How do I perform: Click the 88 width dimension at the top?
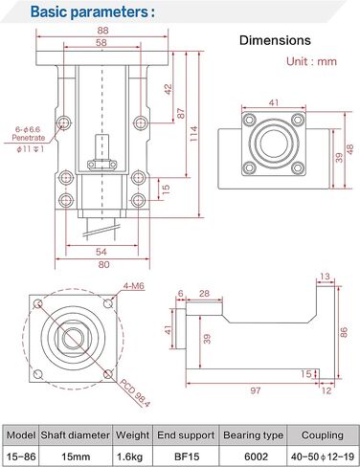[x=102, y=31]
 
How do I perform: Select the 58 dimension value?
[x=101, y=43]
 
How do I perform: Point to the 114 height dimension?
[x=193, y=134]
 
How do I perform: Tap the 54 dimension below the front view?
[x=101, y=252]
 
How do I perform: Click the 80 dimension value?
[x=103, y=264]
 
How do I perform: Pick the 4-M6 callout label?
[x=133, y=286]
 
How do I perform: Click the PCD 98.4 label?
[x=135, y=393]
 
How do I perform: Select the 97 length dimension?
[x=256, y=390]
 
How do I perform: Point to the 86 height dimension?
[x=344, y=332]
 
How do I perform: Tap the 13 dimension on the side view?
[x=325, y=277]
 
